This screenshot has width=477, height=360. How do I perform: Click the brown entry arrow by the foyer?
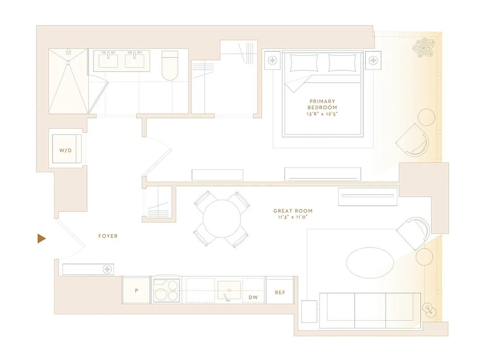click(41, 238)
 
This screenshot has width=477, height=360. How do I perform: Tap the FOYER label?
click(108, 236)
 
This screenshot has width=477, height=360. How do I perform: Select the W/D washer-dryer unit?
click(66, 150)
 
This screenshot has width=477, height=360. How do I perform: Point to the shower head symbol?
click(68, 52)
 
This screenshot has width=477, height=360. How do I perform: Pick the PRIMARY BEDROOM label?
click(322, 104)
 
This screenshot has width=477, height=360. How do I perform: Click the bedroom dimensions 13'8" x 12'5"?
click(322, 114)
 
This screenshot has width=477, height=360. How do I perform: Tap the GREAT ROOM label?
click(293, 211)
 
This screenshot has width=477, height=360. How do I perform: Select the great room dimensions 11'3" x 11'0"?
click(293, 217)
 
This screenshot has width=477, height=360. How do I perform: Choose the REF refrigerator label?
click(280, 292)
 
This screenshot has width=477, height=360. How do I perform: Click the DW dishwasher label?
click(253, 297)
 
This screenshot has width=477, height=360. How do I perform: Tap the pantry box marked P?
click(136, 291)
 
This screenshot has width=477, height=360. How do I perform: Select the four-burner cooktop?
click(166, 291)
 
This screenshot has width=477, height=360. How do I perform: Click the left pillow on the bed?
click(304, 63)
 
